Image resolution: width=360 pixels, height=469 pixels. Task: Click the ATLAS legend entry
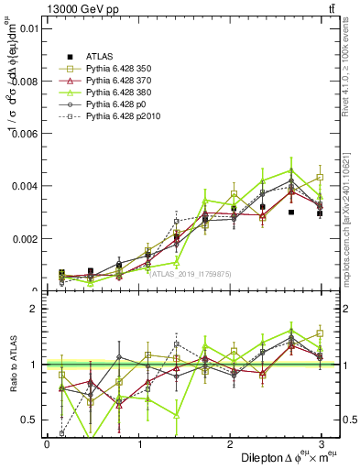point(102,56)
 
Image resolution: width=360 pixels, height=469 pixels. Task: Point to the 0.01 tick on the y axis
point(27,28)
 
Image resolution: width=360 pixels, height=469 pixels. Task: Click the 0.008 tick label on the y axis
point(24,81)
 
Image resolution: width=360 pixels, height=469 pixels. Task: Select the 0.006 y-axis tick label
point(24,134)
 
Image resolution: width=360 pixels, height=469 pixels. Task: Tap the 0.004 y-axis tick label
point(24,186)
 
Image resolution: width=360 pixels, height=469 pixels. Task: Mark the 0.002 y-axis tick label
point(24,239)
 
